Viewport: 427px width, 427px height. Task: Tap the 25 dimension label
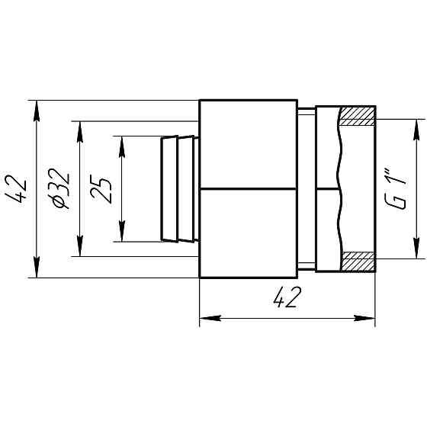(101, 191)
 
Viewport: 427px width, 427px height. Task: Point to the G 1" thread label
(396, 188)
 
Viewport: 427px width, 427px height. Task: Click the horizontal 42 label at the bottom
(287, 297)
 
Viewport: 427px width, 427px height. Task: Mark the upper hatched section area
(358, 116)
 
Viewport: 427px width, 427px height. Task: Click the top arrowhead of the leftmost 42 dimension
(37, 111)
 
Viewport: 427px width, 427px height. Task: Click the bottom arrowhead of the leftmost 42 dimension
(37, 267)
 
